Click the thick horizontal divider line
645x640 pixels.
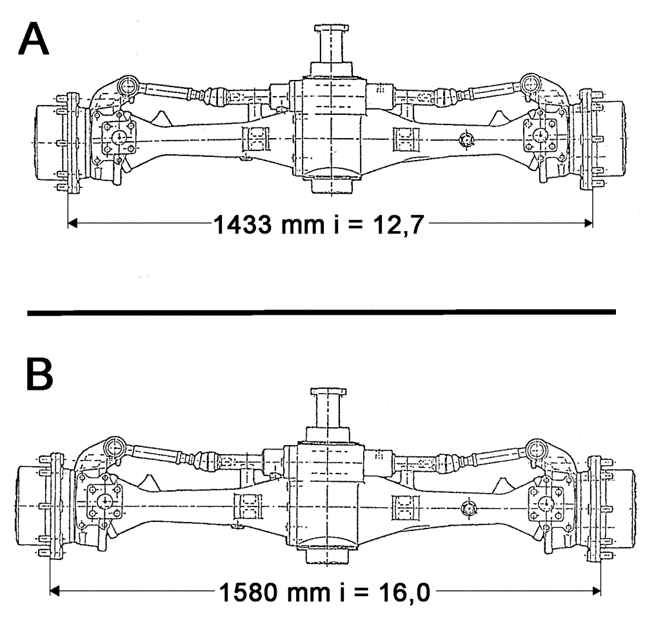coord(322,312)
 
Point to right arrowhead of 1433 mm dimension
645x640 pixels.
coord(588,223)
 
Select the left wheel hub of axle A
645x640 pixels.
coord(50,141)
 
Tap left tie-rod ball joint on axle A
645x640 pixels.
coord(128,85)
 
